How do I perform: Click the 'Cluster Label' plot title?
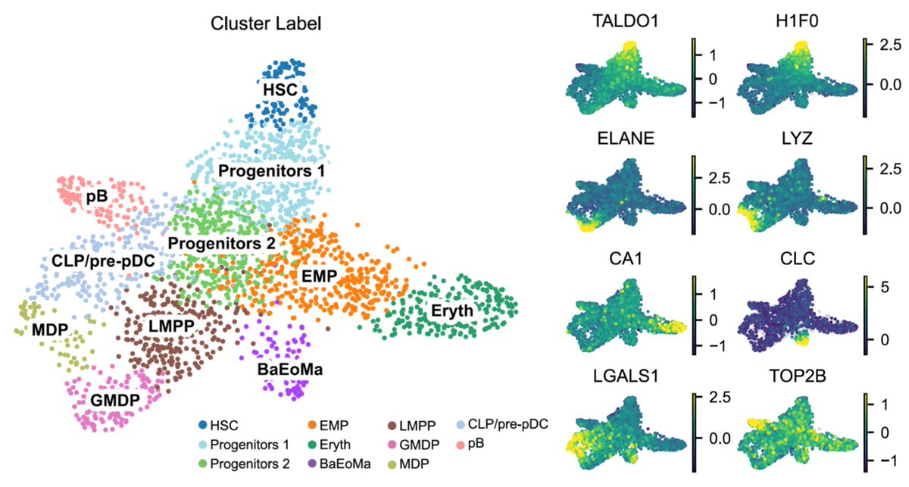click(x=265, y=23)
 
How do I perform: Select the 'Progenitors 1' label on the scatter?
click(x=271, y=171)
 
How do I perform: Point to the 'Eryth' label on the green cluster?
click(x=451, y=311)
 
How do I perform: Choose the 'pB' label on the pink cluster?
click(x=95, y=196)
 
